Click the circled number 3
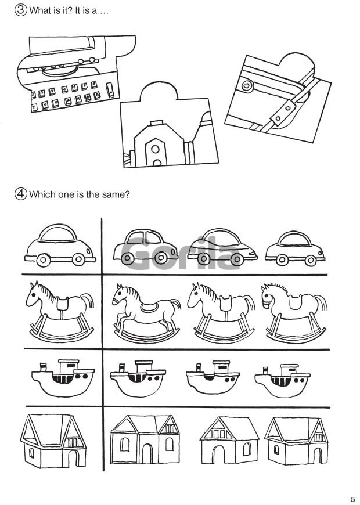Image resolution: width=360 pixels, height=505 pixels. [x=21, y=10]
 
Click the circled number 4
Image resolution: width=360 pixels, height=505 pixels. [x=21, y=194]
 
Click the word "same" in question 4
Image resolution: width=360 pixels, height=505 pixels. [x=114, y=194]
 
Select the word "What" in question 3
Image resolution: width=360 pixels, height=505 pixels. [x=40, y=10]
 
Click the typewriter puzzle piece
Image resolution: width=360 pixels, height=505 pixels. [x=74, y=73]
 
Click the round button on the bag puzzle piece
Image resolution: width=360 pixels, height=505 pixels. [x=247, y=86]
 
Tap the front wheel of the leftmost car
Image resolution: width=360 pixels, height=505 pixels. [x=43, y=259]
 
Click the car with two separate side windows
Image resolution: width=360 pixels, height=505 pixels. [x=145, y=247]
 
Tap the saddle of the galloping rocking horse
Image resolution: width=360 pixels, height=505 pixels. [x=149, y=308]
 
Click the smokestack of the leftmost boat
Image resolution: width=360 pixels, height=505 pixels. [x=43, y=367]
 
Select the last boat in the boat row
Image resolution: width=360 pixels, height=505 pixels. [x=282, y=381]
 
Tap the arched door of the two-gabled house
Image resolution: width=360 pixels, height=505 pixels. [x=147, y=454]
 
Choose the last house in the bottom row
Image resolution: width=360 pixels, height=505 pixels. [x=296, y=441]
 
